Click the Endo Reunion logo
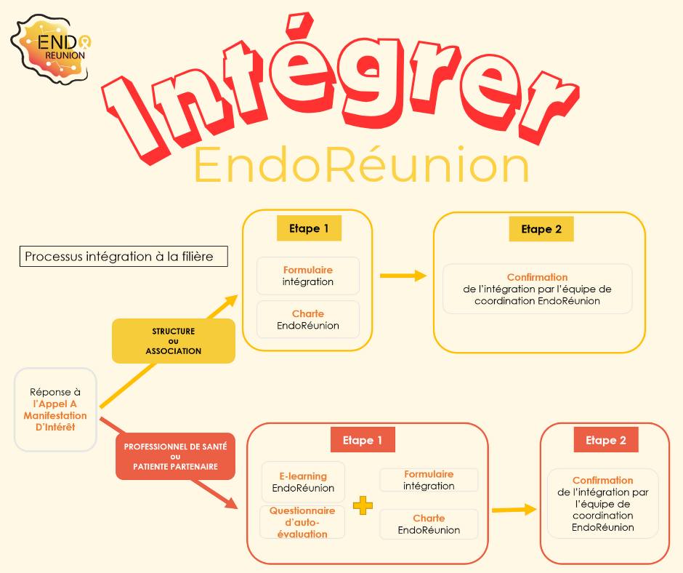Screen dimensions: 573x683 pyautogui.click(x=52, y=47)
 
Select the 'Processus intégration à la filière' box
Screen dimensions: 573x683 pyautogui.click(x=124, y=257)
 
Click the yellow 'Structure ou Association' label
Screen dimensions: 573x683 pyautogui.click(x=174, y=341)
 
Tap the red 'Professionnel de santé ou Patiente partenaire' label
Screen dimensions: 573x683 pyautogui.click(x=175, y=456)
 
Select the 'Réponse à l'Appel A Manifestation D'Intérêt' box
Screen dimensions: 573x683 pyautogui.click(x=55, y=409)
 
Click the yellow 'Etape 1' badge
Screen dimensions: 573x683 pyautogui.click(x=309, y=228)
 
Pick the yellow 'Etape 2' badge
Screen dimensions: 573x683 pyautogui.click(x=541, y=229)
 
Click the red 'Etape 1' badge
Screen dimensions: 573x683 pyautogui.click(x=363, y=440)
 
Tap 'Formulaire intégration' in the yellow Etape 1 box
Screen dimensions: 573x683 pyautogui.click(x=308, y=276)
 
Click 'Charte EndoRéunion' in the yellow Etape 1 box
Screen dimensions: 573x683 pyautogui.click(x=308, y=319)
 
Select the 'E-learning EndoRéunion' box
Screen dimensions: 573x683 pyautogui.click(x=303, y=482)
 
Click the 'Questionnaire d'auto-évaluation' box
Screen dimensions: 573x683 pyautogui.click(x=302, y=522)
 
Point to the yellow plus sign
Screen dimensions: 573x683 pyautogui.click(x=363, y=505)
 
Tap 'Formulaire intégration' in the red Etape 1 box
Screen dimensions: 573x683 pyautogui.click(x=429, y=480)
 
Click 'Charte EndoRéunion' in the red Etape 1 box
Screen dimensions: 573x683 pyautogui.click(x=429, y=524)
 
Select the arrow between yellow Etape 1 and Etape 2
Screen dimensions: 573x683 pyautogui.click(x=403, y=276)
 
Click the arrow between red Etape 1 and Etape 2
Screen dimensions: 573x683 pyautogui.click(x=514, y=510)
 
